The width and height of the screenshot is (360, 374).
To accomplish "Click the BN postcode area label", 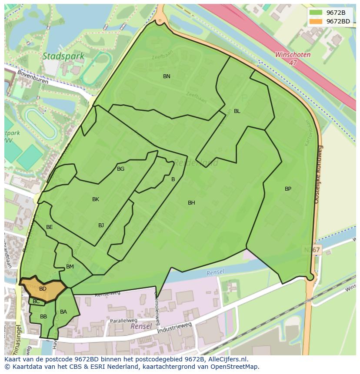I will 167,76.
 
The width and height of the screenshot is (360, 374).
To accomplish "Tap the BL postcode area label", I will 237,111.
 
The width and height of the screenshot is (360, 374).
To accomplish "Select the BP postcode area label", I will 288,189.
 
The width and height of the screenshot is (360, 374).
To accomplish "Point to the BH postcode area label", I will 191,203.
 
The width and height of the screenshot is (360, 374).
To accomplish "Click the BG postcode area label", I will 120,169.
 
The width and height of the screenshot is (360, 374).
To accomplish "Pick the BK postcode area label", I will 96,199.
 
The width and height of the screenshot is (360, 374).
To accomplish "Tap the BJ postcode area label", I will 101,225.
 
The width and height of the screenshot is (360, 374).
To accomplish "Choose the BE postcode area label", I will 50,227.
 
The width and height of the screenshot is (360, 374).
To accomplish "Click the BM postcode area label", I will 70,267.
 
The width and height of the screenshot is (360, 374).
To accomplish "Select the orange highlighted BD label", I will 43,289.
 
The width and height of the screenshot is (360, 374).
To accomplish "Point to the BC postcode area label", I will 36,301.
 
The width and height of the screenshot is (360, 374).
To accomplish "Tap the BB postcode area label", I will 43,317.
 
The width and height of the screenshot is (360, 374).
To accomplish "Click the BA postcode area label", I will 63,312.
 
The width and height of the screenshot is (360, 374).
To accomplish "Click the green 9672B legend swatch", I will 316,13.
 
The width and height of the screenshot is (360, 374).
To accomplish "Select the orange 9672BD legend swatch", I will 316,21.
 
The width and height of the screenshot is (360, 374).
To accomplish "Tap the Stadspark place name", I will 57,56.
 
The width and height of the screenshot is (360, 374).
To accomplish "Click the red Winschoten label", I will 293,55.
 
